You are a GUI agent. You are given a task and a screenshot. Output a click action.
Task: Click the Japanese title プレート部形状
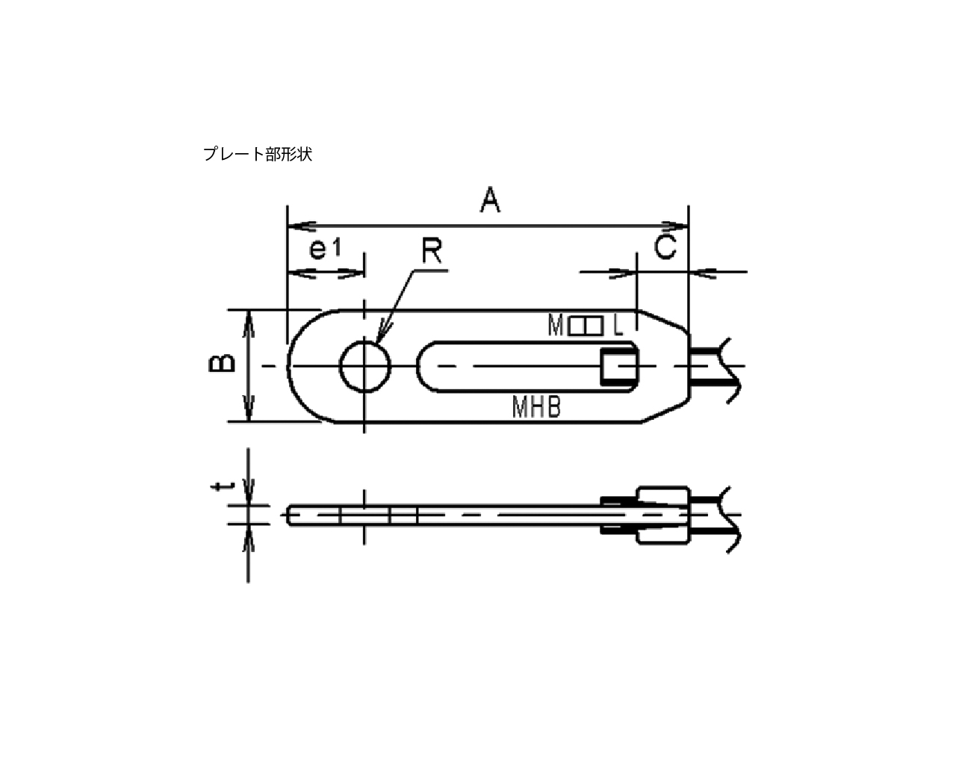[x=258, y=154]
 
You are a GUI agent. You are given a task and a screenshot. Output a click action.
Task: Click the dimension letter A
[x=490, y=199]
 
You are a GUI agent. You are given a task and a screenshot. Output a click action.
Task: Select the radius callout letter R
[x=432, y=251]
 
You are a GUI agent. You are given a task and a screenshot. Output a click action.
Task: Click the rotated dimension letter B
[x=222, y=363]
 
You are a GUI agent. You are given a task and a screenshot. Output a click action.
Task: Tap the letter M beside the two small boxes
[x=556, y=325]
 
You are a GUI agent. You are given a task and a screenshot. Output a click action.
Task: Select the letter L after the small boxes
[x=618, y=325]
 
